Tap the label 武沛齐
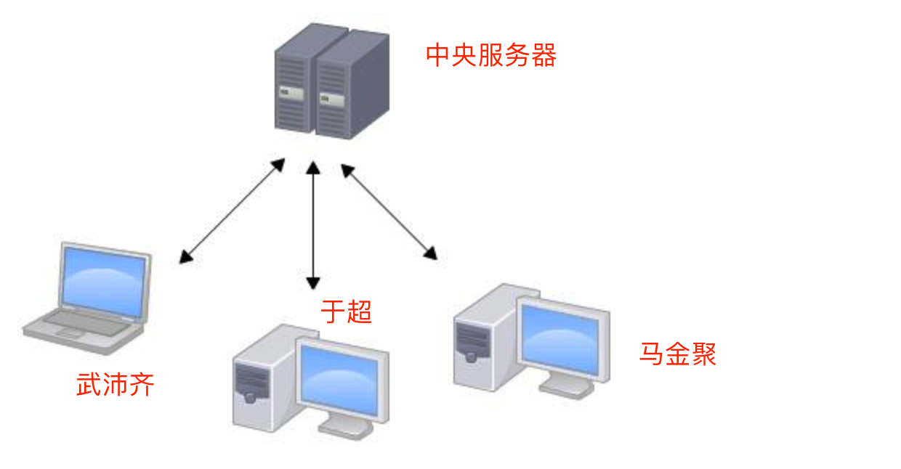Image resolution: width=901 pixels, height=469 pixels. (x=116, y=385)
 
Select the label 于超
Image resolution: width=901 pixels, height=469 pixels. (x=347, y=312)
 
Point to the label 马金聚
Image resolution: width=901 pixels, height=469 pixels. (x=677, y=354)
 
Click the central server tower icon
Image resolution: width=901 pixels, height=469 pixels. (x=331, y=81)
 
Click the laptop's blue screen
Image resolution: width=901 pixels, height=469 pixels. (x=103, y=281)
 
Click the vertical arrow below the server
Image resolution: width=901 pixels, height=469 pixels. (x=313, y=225)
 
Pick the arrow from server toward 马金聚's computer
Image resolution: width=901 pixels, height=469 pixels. (x=389, y=212)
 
